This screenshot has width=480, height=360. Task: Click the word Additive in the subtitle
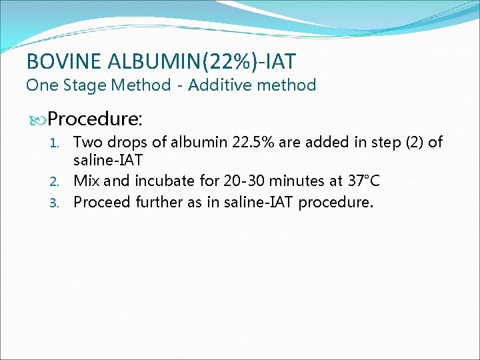[219, 85]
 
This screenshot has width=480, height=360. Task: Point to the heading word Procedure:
[95, 119]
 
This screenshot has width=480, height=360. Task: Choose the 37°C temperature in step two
[363, 181]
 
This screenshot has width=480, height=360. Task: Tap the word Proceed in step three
[101, 201]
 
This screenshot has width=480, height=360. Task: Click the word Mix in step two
[87, 181]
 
